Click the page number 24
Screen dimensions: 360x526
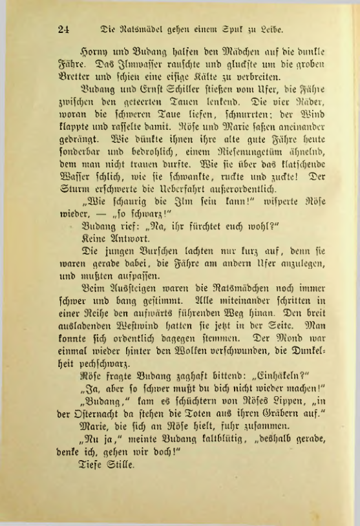coord(63,28)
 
